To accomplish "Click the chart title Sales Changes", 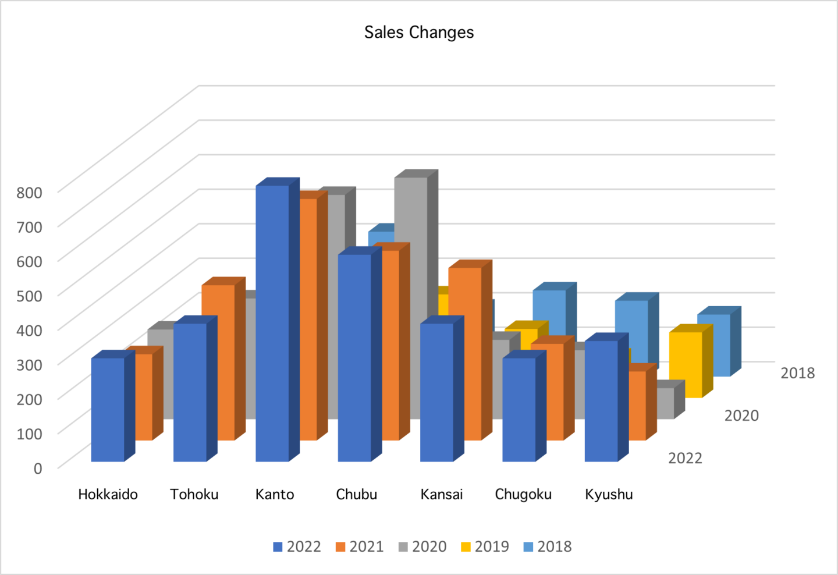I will (419, 32).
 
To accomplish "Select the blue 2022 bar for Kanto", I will (272, 323).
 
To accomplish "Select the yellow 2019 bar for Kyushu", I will (685, 364).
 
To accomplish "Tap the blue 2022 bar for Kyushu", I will (601, 401).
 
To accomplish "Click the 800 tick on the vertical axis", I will (29, 193).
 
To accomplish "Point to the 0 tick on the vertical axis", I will (37, 468).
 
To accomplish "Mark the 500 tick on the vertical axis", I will (29, 296).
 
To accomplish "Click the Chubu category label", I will (356, 494).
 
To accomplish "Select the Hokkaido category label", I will (108, 494).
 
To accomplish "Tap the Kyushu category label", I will (609, 494).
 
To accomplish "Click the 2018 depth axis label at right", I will (797, 373).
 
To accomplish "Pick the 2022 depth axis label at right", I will (685, 458).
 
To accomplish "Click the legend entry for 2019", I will (485, 546).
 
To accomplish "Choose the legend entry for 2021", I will (360, 546).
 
